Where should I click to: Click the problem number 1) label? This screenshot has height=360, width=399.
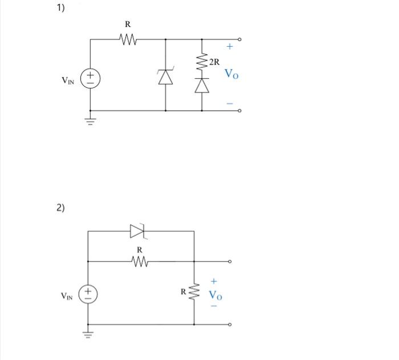[60, 8]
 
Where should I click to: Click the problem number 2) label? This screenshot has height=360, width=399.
[60, 207]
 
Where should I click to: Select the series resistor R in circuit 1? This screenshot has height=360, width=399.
[128, 39]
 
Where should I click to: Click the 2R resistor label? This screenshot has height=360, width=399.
[214, 62]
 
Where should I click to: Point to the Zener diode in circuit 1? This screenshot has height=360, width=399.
[165, 77]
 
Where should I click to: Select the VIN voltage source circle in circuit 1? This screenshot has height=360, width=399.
[91, 78]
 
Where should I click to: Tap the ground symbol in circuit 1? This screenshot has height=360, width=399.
[91, 120]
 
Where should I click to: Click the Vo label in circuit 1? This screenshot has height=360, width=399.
[231, 74]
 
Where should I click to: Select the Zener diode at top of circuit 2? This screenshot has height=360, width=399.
[139, 230]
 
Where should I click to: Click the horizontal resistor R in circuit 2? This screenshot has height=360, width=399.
[140, 261]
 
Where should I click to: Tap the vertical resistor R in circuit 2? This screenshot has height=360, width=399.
[194, 292]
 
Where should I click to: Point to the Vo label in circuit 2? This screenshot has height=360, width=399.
[215, 295]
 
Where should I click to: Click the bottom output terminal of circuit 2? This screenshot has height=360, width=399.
[230, 324]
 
